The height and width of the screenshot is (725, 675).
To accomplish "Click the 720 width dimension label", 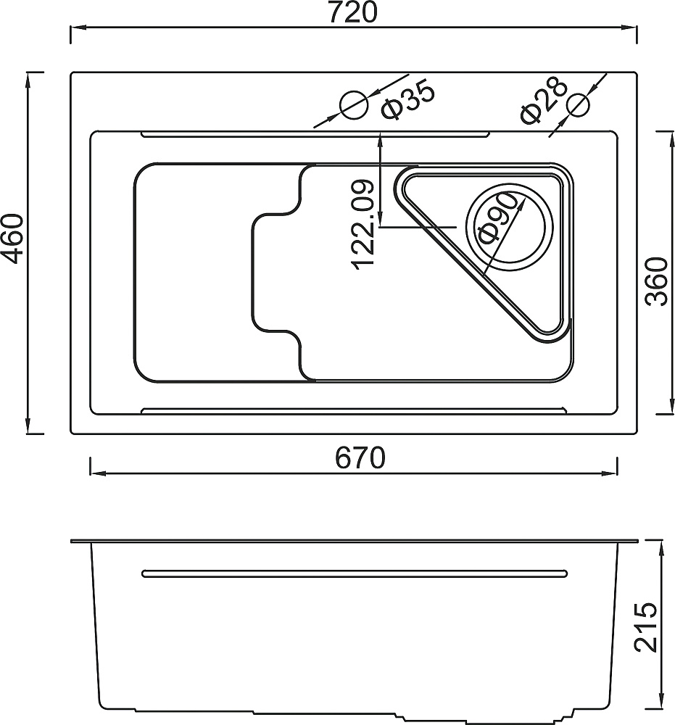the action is click(352, 12).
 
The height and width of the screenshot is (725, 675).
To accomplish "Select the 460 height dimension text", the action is click(12, 239).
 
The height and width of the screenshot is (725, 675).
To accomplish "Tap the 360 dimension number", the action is click(657, 281).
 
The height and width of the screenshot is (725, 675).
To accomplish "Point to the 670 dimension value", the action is click(360, 457).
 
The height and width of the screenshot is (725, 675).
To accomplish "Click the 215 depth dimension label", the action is click(646, 627).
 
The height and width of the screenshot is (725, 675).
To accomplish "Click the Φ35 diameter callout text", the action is click(407, 100).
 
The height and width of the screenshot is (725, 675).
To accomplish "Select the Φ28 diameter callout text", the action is click(544, 101).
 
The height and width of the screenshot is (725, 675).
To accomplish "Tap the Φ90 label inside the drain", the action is click(497, 218).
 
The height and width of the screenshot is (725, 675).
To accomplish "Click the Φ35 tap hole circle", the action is click(354, 105).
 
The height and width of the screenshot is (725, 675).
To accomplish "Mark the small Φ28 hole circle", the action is click(579, 105).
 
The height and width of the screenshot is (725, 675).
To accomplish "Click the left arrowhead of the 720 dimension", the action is click(78, 28).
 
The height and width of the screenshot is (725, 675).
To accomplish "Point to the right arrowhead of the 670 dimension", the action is click(610, 473).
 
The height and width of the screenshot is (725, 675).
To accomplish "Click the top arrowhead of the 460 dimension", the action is click(29, 80).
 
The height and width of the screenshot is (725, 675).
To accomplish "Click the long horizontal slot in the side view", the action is click(355, 573).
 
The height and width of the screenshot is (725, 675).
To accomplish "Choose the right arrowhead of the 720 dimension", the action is click(629, 28).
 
